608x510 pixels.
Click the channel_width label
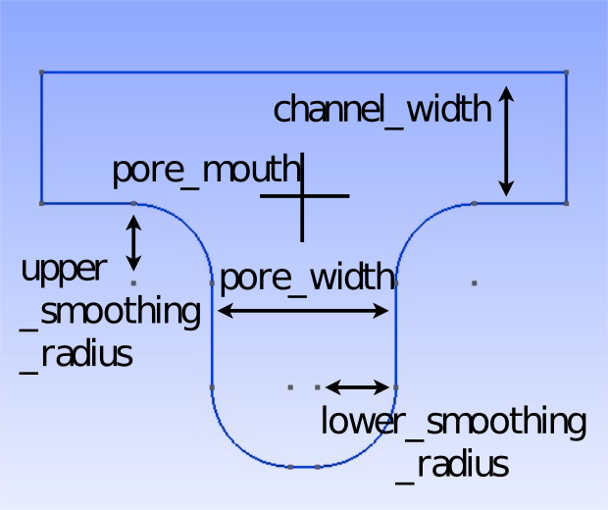[381, 109]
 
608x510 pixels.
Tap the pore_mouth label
[205, 171]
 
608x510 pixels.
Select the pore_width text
[306, 279]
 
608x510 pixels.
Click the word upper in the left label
[64, 269]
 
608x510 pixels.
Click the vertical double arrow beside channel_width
[506, 140]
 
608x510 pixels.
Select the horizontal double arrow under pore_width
[303, 311]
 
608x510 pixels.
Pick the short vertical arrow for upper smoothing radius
[134, 242]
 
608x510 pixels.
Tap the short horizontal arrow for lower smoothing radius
[358, 386]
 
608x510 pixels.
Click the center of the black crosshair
[302, 196]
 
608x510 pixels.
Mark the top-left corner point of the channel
[41, 72]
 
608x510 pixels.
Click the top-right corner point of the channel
[567, 72]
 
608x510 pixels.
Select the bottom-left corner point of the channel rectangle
[41, 203]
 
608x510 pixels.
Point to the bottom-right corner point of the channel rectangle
[567, 203]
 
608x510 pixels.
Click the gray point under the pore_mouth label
[134, 203]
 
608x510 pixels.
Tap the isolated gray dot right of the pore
[474, 282]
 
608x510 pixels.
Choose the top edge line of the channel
[304, 72]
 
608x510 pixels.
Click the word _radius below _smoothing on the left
[76, 353]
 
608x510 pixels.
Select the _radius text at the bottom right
[453, 463]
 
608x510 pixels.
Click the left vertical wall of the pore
[212, 333]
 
